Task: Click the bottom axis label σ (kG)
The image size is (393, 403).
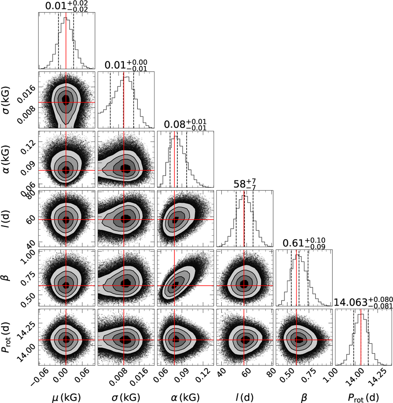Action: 126,397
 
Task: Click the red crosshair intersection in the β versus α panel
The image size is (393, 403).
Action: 175,286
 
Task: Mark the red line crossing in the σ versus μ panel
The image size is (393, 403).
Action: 66,102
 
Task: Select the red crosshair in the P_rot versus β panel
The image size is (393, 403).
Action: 296,340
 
